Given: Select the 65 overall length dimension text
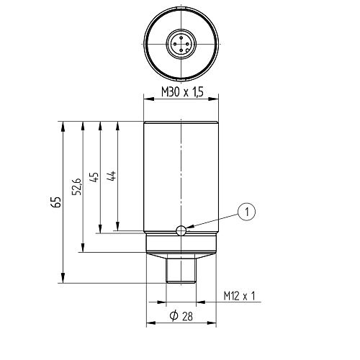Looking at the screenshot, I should tap(55, 202).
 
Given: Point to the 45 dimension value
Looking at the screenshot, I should tap(93, 178).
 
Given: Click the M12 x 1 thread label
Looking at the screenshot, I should tap(240, 296).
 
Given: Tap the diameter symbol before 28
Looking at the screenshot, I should tap(174, 317).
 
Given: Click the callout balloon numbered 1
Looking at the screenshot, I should tap(247, 211).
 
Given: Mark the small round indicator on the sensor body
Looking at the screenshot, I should tap(181, 230).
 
